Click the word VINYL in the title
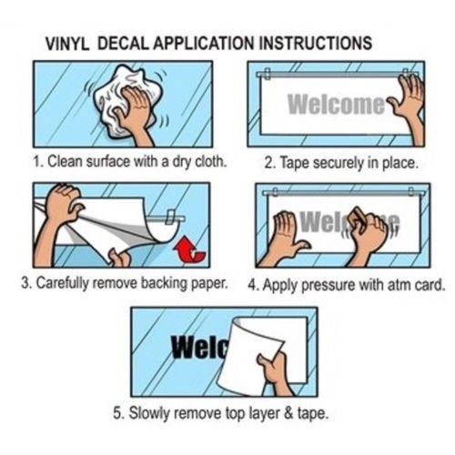67,44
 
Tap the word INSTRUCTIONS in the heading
316,43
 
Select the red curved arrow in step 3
190,249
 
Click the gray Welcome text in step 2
336,104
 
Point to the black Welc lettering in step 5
198,347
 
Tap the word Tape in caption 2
292,163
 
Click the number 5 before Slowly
118,413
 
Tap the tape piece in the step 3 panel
170,217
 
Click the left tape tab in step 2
267,74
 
